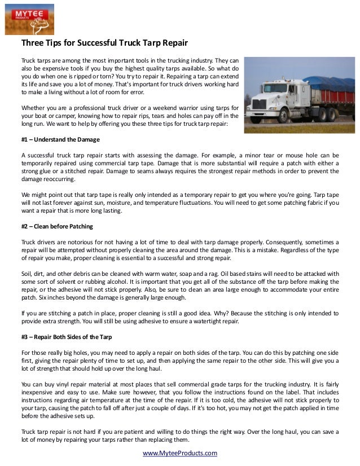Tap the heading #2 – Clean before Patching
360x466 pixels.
(57, 226)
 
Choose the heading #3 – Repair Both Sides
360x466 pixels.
(67, 337)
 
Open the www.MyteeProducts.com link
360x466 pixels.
(179, 453)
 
